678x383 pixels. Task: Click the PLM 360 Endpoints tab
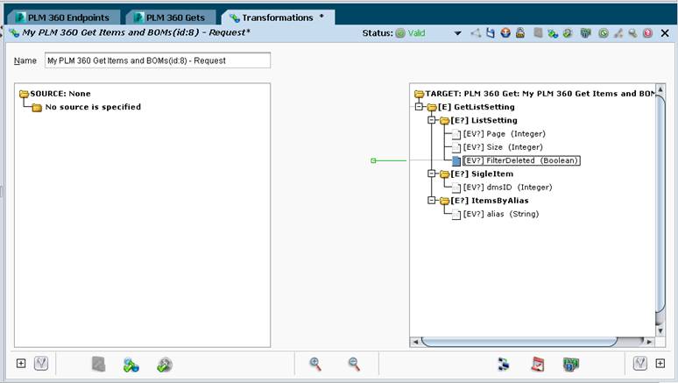[63, 18]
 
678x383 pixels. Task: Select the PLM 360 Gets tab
[170, 18]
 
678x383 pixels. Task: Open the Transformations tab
[278, 18]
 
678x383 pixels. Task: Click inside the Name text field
[158, 60]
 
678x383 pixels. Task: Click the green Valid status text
[416, 33]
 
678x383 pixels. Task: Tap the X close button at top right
[665, 33]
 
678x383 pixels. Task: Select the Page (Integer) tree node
[505, 134]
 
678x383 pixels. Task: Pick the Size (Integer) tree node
[503, 147]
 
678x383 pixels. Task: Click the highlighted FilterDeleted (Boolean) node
[521, 160]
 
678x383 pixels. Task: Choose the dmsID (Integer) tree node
[508, 188]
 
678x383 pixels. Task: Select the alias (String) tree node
[501, 214]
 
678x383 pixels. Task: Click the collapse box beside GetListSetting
[419, 106]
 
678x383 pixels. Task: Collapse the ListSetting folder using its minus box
[432, 120]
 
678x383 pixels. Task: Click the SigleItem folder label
[482, 174]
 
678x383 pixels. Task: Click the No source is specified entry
[93, 107]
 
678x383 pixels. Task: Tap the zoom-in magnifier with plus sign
[315, 364]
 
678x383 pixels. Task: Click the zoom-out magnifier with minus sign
[354, 364]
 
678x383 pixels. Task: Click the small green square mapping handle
[373, 160]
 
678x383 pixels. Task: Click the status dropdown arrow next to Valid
[457, 33]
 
